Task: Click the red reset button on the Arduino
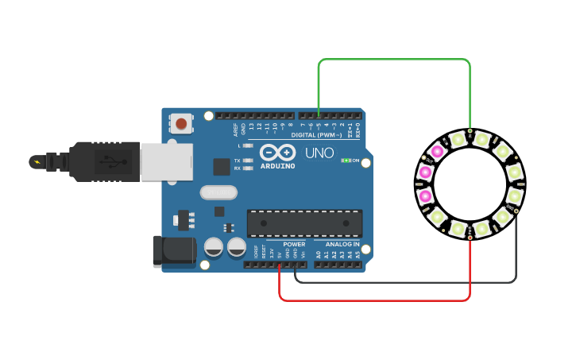coord(181,123)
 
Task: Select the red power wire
coord(373,300)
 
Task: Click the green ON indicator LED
coord(346,161)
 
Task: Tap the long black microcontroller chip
coord(304,223)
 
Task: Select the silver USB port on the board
coord(166,161)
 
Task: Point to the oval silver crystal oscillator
coord(218,192)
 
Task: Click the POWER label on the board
coord(294,245)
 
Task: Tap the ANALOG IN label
coord(342,245)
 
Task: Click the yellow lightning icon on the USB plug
coord(35,161)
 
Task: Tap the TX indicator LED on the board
coord(248,161)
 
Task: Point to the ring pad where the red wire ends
coord(470,237)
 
